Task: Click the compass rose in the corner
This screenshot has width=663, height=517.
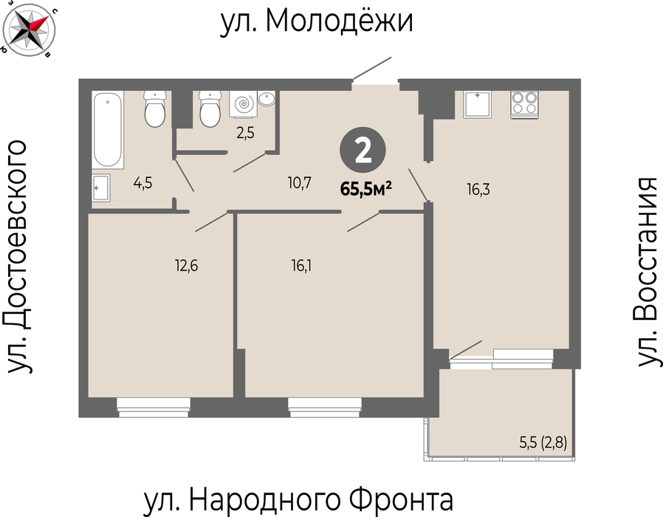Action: coord(28,28)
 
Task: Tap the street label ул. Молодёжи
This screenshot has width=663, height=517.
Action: coord(316,21)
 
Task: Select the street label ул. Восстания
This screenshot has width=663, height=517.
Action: coord(647,272)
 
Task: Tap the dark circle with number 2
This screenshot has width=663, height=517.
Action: coord(363,151)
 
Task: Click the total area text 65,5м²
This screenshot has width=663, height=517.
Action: coord(365,188)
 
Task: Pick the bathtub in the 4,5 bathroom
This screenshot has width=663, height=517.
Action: coord(109,129)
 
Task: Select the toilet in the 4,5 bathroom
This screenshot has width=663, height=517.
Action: coord(155,109)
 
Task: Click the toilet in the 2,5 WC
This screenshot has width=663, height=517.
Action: coord(210,109)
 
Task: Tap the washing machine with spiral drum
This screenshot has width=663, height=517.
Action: coord(243,103)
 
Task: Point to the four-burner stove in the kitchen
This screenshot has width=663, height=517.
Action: coord(524,104)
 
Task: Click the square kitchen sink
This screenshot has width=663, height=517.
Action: coord(478,104)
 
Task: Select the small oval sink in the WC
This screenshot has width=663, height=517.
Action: coord(267,99)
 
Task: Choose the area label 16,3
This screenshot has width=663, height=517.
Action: coord(478,189)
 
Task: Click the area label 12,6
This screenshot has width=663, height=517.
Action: coord(187,266)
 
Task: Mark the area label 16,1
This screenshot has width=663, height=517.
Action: coord(301,266)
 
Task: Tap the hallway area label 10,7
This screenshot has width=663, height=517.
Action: coord(299,182)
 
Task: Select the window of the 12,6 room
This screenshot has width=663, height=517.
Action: coord(154,407)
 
